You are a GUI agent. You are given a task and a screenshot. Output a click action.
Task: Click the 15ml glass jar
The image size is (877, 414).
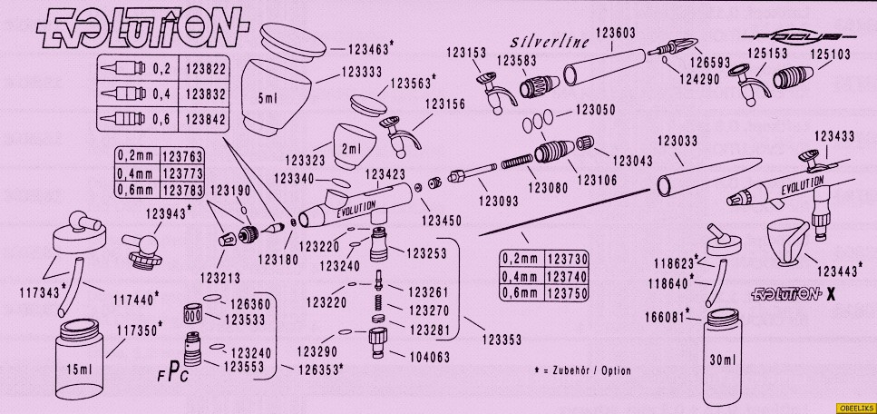click(80, 360)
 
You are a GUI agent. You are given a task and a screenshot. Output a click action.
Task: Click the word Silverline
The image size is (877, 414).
click(551, 42)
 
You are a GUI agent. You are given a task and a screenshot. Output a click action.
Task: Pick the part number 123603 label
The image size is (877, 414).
click(614, 32)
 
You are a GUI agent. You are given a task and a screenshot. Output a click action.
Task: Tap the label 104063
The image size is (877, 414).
click(429, 358)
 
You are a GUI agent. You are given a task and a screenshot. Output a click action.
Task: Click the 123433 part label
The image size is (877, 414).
click(832, 136)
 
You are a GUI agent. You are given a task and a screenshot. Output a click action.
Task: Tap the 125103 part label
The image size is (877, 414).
click(829, 54)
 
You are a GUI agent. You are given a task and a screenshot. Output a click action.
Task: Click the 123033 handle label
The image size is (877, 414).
click(677, 141)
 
